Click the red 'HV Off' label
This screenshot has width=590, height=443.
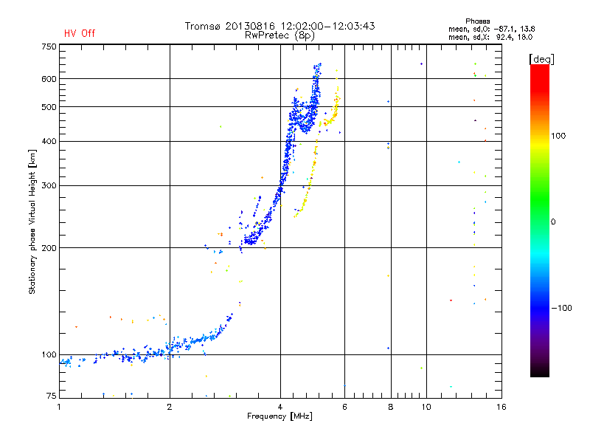pyautogui.click(x=80, y=33)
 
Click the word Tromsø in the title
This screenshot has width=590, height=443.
pyautogui.click(x=203, y=26)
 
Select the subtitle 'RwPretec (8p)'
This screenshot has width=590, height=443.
pyautogui.click(x=280, y=35)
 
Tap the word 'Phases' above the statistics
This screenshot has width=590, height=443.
pyautogui.click(x=477, y=21)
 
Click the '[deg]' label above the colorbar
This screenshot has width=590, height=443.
pyautogui.click(x=541, y=59)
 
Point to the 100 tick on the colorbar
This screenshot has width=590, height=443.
pyautogui.click(x=558, y=136)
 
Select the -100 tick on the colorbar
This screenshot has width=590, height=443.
pyautogui.click(x=561, y=308)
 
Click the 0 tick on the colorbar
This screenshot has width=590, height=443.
pyautogui.click(x=553, y=222)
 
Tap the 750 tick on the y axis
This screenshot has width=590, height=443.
pyautogui.click(x=49, y=47)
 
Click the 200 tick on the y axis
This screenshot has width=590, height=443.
pyautogui.click(x=49, y=248)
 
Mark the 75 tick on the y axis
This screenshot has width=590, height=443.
pyautogui.click(x=52, y=396)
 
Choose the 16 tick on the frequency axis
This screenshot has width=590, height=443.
pyautogui.click(x=502, y=407)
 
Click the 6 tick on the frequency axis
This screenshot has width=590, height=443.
pyautogui.click(x=344, y=407)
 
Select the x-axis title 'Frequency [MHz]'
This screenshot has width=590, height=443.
pyautogui.click(x=280, y=416)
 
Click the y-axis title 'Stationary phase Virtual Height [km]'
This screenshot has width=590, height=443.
pyautogui.click(x=32, y=221)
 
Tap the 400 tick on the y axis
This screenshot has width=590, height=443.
pyautogui.click(x=49, y=141)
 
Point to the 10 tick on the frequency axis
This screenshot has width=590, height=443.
pyautogui.click(x=426, y=407)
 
